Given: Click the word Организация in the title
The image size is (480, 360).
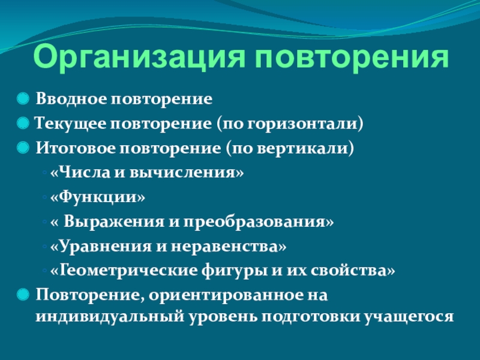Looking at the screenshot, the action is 139,57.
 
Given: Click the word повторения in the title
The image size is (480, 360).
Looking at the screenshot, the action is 352,57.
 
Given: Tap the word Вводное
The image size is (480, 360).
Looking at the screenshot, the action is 71,99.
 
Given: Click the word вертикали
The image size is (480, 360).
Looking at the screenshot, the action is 302,148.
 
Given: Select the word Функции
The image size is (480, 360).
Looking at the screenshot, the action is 98,197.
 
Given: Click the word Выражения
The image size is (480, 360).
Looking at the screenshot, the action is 114,222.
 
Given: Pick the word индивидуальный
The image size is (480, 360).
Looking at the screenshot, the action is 110,317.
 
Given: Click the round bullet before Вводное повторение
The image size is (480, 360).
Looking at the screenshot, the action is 23,98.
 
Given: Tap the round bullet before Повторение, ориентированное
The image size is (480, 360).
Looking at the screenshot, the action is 23,295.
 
